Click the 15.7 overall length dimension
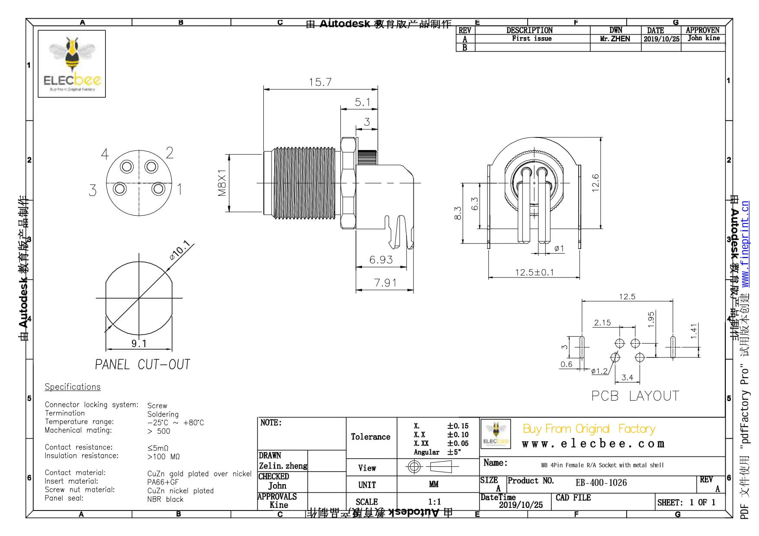click(320, 82)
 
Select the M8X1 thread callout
click(222, 183)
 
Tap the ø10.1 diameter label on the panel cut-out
click(180, 250)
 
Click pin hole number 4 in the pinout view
click(127, 166)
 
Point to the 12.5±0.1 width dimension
click(534, 272)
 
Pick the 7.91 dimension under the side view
click(385, 283)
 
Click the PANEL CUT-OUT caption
click(142, 364)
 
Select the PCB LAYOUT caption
click(635, 396)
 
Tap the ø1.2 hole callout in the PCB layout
click(599, 371)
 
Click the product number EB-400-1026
click(601, 483)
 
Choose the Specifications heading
click(73, 387)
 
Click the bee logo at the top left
click(72, 64)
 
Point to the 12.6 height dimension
click(596, 183)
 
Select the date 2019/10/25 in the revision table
click(661, 39)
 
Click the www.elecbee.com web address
click(593, 444)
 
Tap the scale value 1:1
click(434, 502)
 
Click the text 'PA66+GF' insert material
click(163, 482)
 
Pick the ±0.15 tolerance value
click(458, 426)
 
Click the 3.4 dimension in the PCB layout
click(627, 377)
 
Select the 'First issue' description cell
click(532, 38)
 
